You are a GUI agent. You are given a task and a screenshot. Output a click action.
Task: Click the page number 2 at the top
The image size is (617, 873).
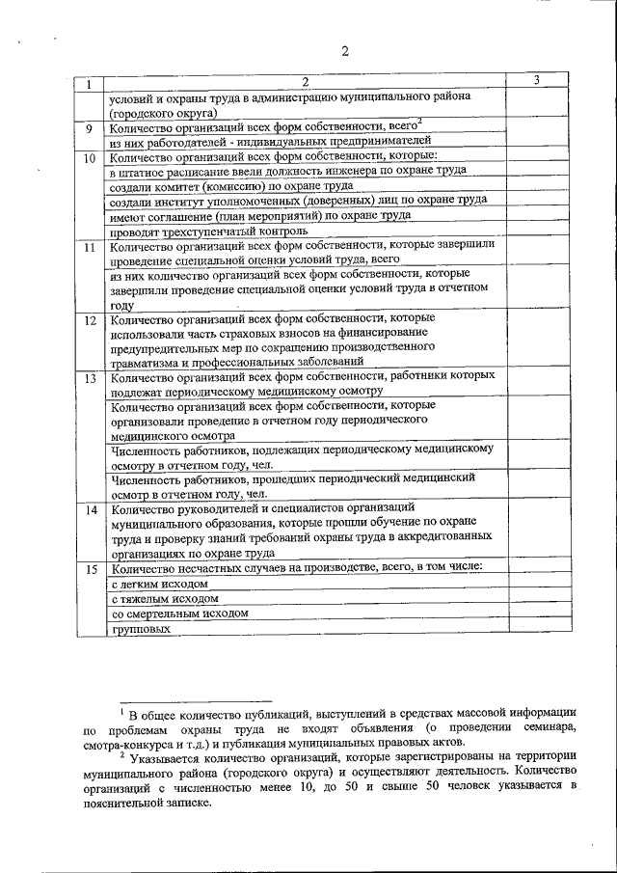(344, 51)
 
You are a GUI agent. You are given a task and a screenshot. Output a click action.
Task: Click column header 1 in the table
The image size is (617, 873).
(89, 84)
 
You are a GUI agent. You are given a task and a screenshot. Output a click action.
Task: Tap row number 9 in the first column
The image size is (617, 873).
(89, 128)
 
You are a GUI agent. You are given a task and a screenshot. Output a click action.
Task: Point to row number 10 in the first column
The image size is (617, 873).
(89, 157)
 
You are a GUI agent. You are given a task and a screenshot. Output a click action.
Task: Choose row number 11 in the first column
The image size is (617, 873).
(89, 248)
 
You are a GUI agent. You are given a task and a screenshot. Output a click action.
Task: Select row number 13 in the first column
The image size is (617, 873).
(89, 378)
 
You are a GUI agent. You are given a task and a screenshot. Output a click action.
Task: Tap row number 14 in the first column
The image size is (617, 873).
(89, 509)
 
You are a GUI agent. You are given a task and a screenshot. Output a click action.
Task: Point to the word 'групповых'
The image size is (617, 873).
(141, 629)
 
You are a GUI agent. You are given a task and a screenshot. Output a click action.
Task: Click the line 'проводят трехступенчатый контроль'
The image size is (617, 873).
(209, 232)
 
